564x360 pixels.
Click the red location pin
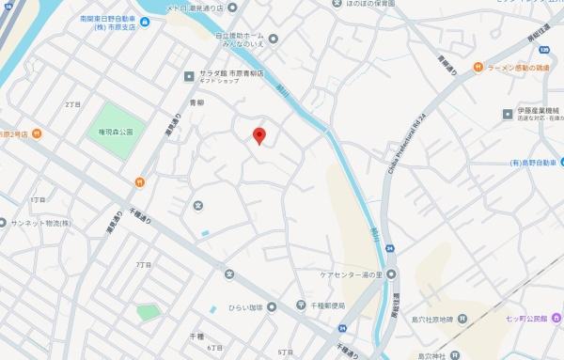[x=260, y=136]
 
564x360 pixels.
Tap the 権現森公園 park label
[x=116, y=133]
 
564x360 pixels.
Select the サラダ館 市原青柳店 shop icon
[x=188, y=72]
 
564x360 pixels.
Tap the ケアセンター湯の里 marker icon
[x=394, y=274]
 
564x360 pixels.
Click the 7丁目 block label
[x=143, y=265]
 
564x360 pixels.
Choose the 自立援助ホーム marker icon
[x=273, y=39]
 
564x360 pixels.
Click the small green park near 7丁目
[x=148, y=312]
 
